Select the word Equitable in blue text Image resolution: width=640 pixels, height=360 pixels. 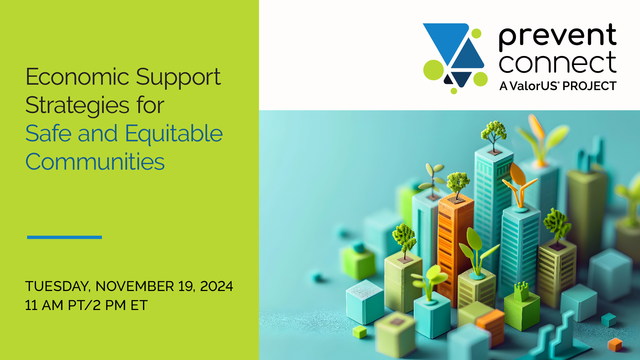[x=174, y=134]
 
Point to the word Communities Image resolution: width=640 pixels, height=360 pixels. [x=95, y=162]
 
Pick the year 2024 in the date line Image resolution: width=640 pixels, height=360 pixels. [x=216, y=286]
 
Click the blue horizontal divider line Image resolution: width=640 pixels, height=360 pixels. [x=64, y=237]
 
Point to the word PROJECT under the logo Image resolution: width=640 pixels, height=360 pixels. [x=589, y=86]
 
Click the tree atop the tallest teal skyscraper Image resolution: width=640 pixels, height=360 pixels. [x=493, y=133]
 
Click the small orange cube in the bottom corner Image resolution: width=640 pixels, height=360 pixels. [x=615, y=345]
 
